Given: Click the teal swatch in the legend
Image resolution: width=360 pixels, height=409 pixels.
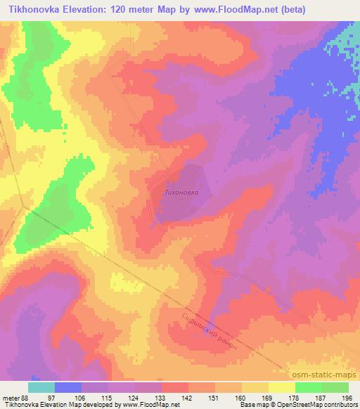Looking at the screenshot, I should tap(41, 387).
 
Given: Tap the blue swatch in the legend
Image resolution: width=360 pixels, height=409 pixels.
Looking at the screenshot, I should tap(68, 387).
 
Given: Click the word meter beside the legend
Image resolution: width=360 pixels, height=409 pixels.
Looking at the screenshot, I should tap(10, 397).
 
